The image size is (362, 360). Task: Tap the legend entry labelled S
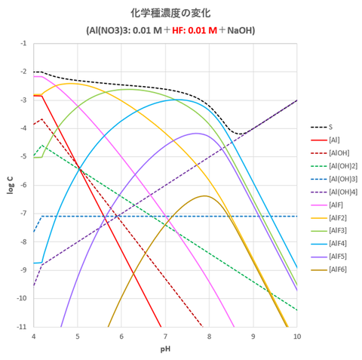click(x=331, y=127)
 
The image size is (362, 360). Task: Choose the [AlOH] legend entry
click(x=337, y=152)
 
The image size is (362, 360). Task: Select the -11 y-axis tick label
click(x=22, y=326)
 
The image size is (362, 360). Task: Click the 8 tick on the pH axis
click(x=209, y=335)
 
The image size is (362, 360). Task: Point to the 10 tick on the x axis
click(x=296, y=335)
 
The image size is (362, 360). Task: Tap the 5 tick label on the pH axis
click(x=78, y=335)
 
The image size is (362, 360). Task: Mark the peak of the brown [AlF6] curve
click(x=204, y=195)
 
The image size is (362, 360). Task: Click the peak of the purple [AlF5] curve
click(x=197, y=134)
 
